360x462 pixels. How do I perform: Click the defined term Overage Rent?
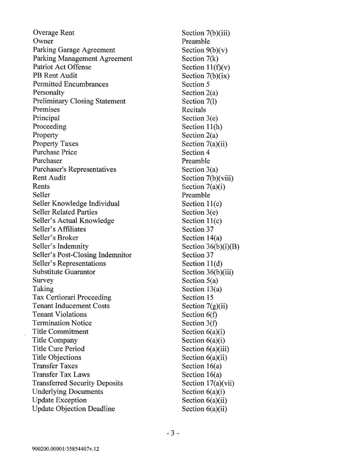point(53,33)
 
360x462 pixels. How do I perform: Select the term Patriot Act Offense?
point(62,67)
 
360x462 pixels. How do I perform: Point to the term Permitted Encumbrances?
point(70,84)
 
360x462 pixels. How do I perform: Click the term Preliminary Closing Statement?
point(79,101)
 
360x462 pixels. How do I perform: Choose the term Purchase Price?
point(55,152)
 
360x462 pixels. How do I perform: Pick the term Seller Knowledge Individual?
point(76,204)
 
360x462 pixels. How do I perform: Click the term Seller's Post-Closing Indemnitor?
point(82,255)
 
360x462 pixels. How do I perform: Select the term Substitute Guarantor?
point(64,272)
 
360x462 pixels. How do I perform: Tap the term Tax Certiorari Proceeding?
point(72,297)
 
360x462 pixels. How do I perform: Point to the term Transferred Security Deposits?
point(78,383)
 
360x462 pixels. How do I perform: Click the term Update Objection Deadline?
point(74,409)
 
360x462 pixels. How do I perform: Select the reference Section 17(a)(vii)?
point(208,383)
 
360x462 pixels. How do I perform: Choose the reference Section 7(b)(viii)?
point(208,178)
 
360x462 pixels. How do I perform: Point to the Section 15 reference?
point(196,297)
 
